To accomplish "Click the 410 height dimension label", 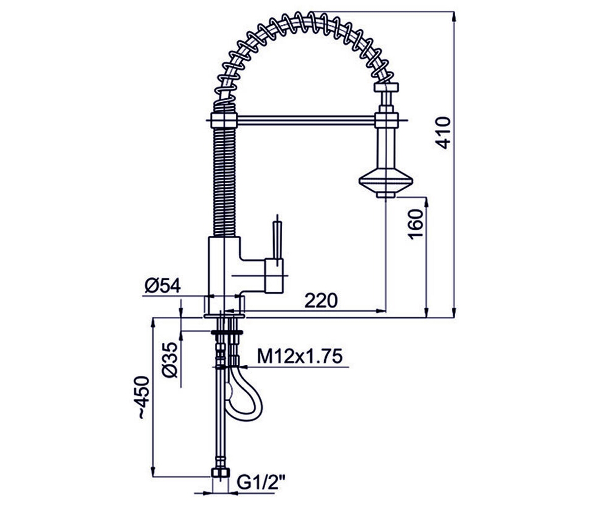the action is coord(444,133).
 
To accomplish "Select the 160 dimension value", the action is coord(416,224).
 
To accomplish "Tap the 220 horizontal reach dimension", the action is coord(321,301).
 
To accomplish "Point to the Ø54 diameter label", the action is coord(162,285).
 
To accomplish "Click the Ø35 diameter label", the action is coord(169,360).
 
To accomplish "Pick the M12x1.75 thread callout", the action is coord(300,356).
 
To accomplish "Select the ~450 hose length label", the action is coord(143,398).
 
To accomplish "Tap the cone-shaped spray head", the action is coord(386,183).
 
